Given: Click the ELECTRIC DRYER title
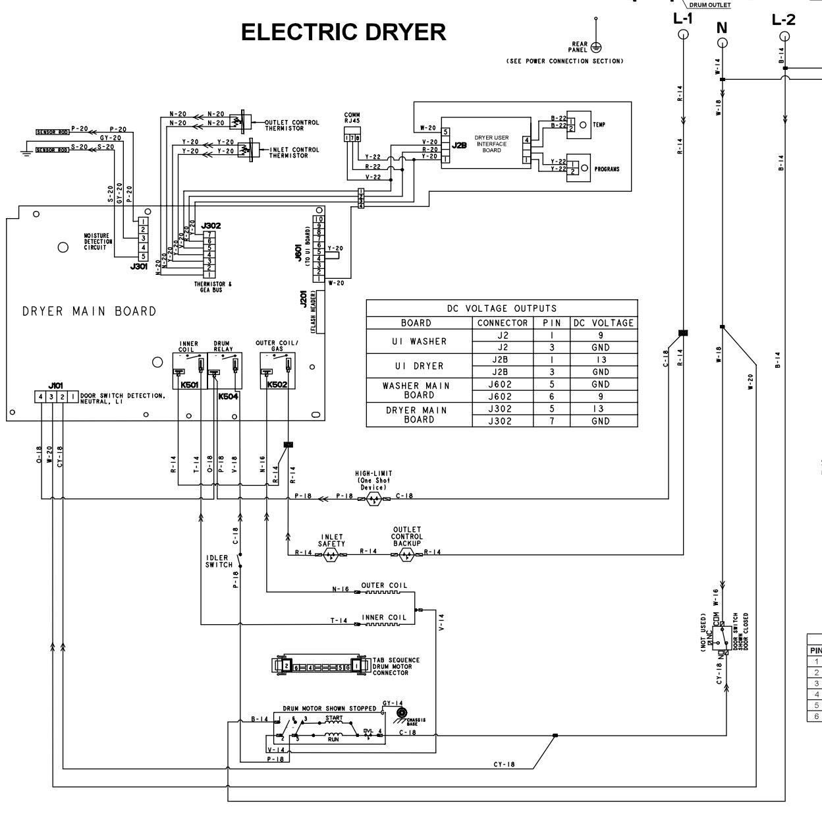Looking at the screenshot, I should click(343, 32).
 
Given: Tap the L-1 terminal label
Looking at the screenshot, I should click(683, 18).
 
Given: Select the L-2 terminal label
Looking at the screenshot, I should click(783, 20).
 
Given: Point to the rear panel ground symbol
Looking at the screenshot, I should click(595, 47).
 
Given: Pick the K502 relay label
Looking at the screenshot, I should click(277, 385).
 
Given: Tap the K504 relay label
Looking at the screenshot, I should click(228, 397).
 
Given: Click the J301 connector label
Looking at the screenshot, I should click(139, 267).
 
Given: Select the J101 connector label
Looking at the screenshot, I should click(55, 386).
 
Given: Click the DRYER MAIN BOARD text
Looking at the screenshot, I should click(90, 312).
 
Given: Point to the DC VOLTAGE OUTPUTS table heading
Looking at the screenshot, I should click(502, 308).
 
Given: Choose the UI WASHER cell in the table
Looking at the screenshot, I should click(419, 341).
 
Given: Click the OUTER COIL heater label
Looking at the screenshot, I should click(384, 585).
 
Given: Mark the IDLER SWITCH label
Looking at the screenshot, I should click(219, 561).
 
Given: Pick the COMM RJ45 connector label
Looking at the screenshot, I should click(352, 119).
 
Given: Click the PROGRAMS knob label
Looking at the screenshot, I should click(607, 169).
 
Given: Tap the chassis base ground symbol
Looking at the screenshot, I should click(399, 714).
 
